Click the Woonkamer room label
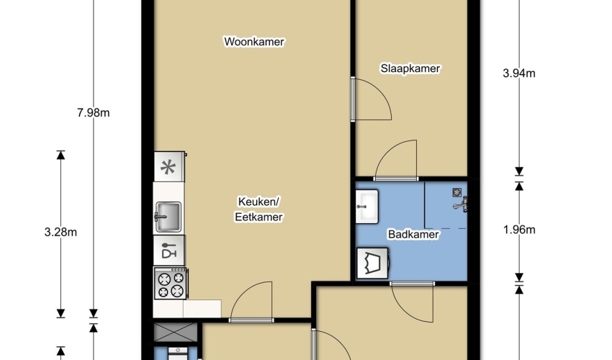254,41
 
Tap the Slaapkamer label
410,68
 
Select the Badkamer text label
413,234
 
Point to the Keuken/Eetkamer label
258,210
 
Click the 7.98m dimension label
94,113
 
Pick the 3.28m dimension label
60,233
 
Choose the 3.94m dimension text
518,73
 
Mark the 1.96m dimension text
518,230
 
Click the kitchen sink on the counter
168,217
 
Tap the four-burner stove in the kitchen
170,284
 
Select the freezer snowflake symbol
168,168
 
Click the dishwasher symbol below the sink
169,251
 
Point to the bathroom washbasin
367,207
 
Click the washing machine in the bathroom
372,264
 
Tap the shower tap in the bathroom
461,204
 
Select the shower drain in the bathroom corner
457,192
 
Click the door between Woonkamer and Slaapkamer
372,99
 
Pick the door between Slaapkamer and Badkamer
396,160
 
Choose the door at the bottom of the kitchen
251,302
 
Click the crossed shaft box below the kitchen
176,332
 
